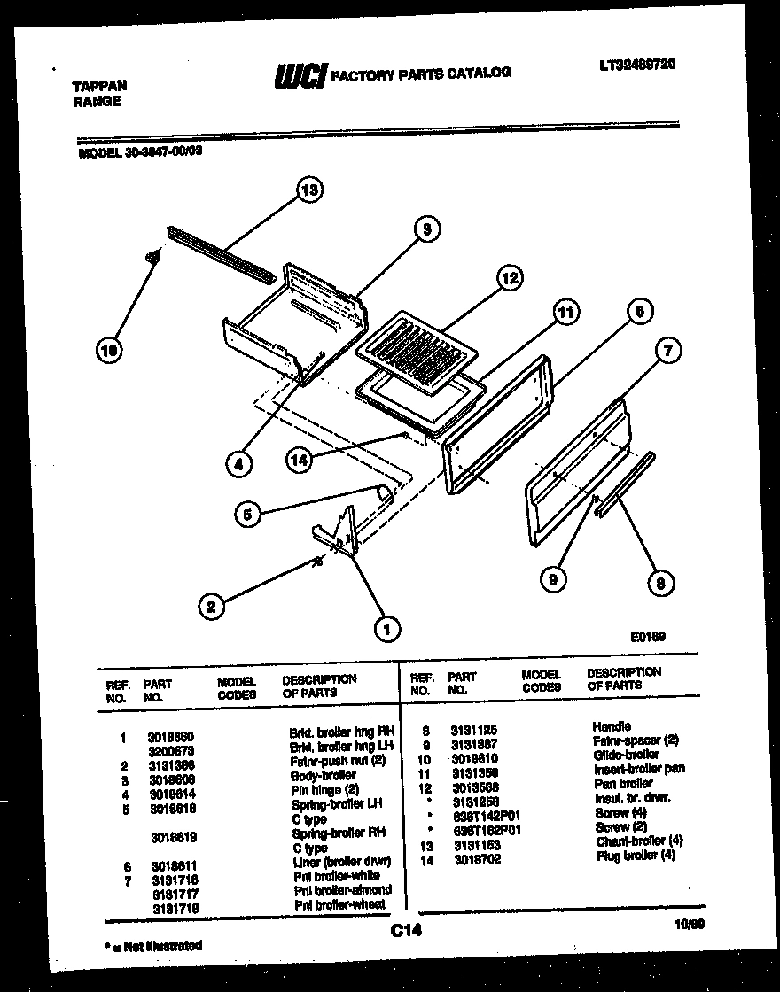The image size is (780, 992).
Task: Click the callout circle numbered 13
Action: (x=309, y=190)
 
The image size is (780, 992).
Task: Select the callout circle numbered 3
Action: (x=426, y=229)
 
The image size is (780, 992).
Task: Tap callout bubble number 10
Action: (x=108, y=351)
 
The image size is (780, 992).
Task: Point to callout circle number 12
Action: (x=508, y=278)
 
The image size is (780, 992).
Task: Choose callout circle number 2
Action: (x=210, y=607)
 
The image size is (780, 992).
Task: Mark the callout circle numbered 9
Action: (x=554, y=580)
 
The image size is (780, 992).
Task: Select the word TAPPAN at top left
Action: (x=98, y=86)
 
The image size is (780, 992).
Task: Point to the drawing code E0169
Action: (x=648, y=636)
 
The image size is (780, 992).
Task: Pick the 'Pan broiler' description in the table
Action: (x=624, y=783)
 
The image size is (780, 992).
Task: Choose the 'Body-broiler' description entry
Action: (x=323, y=775)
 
